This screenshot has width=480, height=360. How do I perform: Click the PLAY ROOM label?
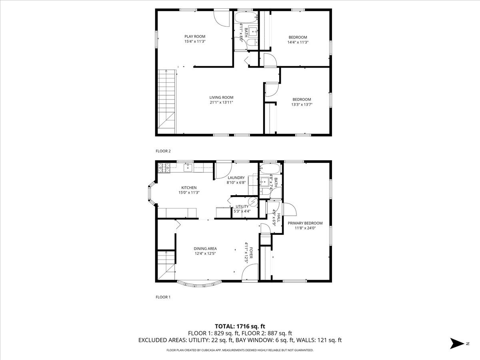(x=195, y=36)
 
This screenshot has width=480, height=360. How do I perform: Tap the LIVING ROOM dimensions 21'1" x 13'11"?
(x=221, y=102)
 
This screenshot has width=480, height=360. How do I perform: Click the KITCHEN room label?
(x=189, y=188)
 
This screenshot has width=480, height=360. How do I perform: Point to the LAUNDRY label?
(x=236, y=178)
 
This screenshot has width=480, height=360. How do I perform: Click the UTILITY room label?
(x=242, y=206)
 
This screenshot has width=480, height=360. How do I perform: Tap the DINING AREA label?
(x=205, y=248)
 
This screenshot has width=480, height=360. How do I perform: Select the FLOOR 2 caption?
(x=163, y=151)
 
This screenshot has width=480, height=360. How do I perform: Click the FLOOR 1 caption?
(x=163, y=297)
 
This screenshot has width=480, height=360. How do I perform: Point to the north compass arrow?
(x=456, y=343)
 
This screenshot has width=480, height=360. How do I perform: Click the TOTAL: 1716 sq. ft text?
(x=240, y=326)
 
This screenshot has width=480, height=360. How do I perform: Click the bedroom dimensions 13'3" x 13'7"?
(x=302, y=105)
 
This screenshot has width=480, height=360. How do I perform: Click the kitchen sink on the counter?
(x=188, y=168)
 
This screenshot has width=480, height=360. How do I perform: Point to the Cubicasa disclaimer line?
(x=240, y=350)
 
